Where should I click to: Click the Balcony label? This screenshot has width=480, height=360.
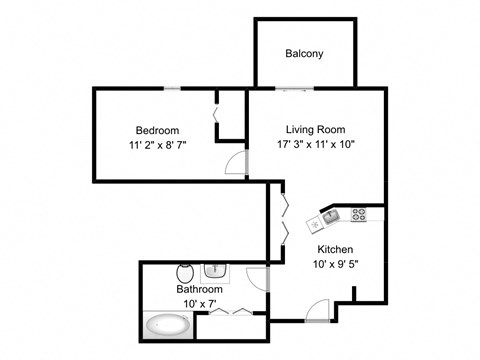coord(304,53)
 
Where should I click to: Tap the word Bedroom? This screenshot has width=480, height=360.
coord(157,130)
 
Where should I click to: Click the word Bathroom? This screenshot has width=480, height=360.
coord(199,290)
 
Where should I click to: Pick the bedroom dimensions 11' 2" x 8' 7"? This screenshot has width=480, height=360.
coord(157,145)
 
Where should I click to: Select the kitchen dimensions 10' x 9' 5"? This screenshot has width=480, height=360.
coord(334,265)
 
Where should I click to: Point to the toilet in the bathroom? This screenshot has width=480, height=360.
coord(185,272)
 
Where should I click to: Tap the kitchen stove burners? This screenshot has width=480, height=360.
coord(360,213)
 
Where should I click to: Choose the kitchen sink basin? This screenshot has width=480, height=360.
coord(332,215)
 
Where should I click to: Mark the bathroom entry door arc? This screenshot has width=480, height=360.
coord(255,281)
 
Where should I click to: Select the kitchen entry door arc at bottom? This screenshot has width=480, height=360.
coord(318,310)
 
